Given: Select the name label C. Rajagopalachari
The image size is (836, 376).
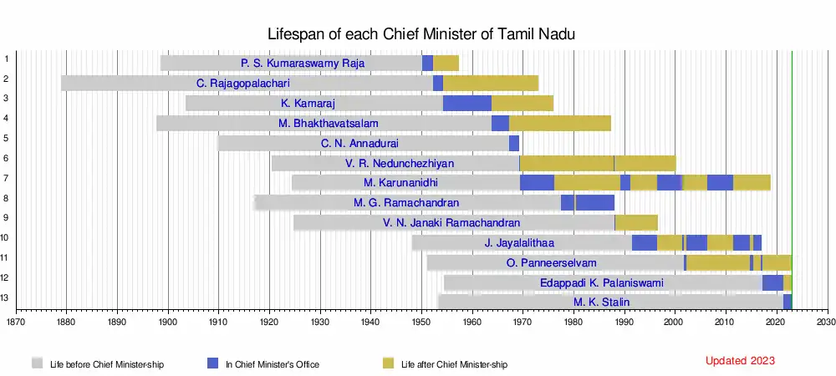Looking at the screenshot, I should pos(248,83).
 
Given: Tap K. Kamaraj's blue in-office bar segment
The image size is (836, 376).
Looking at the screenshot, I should pos(466,103).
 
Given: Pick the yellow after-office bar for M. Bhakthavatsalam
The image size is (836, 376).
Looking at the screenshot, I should pos(559,123).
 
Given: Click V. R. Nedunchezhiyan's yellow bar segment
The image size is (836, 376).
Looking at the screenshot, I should pos(597,163).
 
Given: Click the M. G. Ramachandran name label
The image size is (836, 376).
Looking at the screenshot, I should pos(406,203).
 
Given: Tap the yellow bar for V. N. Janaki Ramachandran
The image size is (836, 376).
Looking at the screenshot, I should pos(636,223).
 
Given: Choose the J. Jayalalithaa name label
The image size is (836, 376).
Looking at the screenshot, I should pos(519,243).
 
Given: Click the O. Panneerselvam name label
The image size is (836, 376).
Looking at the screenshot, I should pos(552,263).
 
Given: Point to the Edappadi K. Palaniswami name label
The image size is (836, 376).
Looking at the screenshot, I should pos(602,283).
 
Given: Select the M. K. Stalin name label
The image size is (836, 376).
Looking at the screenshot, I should pos(602,302).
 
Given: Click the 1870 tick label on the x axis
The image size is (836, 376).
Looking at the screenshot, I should pos(16,321).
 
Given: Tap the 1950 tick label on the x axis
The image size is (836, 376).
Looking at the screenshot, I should pos(421,321).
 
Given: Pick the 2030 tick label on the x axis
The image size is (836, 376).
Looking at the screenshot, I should pos(826,321).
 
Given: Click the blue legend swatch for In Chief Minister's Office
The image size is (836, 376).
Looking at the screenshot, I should pos(213,363).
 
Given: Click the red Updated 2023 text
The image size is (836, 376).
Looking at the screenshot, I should pos(740,361).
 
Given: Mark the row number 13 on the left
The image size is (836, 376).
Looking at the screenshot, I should pos(7,297).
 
